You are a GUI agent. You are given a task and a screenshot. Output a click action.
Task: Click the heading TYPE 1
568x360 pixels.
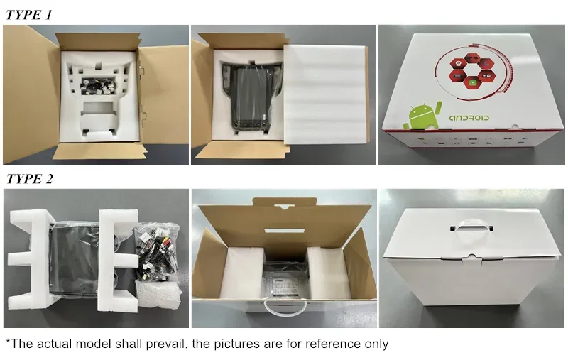29,15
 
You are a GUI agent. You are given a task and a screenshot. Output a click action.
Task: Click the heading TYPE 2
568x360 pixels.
29,179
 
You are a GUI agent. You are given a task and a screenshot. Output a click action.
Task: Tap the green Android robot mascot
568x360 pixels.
422,116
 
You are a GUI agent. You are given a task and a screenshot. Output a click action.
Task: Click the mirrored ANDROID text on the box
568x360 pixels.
469,118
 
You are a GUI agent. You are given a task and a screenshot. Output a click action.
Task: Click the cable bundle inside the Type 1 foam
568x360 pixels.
99,87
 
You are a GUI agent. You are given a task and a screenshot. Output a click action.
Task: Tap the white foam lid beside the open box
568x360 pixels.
325,94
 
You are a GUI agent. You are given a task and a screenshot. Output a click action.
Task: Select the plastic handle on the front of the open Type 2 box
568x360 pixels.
285,307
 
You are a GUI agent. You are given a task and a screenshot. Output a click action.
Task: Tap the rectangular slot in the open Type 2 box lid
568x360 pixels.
285,231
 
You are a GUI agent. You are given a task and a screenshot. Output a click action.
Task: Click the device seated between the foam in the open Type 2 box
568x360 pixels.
285,279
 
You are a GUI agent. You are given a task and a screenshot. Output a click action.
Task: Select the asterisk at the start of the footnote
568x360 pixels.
8,341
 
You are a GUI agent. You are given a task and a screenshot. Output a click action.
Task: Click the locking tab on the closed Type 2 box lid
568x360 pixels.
471,257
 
